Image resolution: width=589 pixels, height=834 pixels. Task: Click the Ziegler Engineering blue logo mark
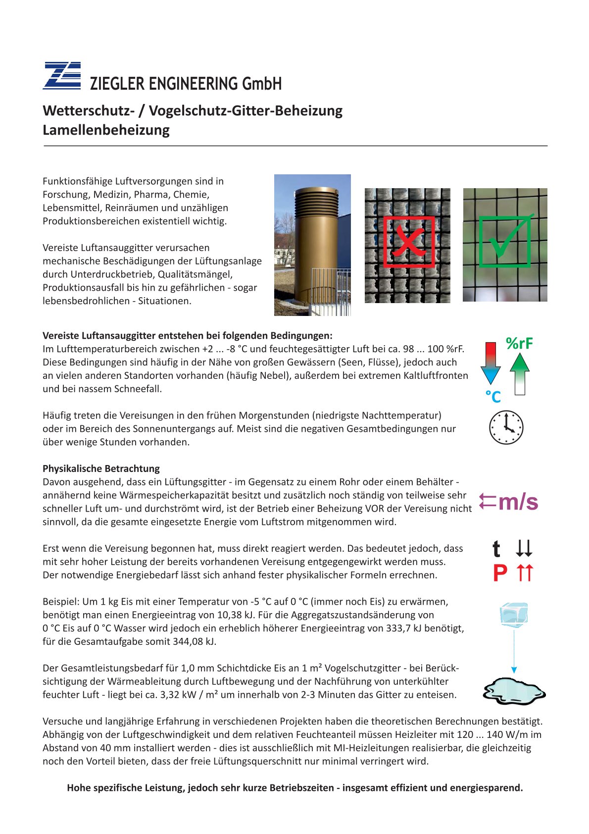click(62, 76)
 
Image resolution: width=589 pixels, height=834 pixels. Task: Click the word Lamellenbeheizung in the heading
click(106, 130)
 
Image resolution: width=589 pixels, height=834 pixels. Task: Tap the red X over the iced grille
click(409, 242)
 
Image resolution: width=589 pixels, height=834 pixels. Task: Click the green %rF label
click(519, 343)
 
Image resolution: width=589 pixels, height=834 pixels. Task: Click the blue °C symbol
click(493, 397)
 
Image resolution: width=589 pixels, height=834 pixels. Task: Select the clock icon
click(506, 427)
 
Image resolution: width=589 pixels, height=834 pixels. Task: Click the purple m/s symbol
click(518, 502)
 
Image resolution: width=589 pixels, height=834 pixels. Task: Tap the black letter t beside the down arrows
click(496, 549)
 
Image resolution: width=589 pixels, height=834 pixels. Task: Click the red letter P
click(500, 573)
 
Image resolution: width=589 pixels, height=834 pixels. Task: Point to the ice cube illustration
click(514, 615)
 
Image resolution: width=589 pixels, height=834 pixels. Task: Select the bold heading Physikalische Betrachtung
click(101, 469)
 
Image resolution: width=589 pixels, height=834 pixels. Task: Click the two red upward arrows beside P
click(525, 573)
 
